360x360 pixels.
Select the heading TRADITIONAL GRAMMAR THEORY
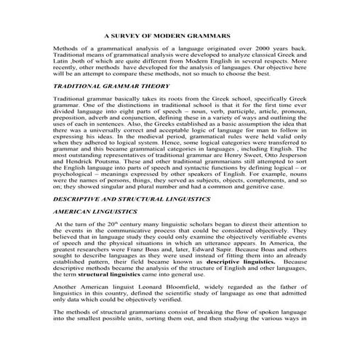[x=103, y=86]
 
